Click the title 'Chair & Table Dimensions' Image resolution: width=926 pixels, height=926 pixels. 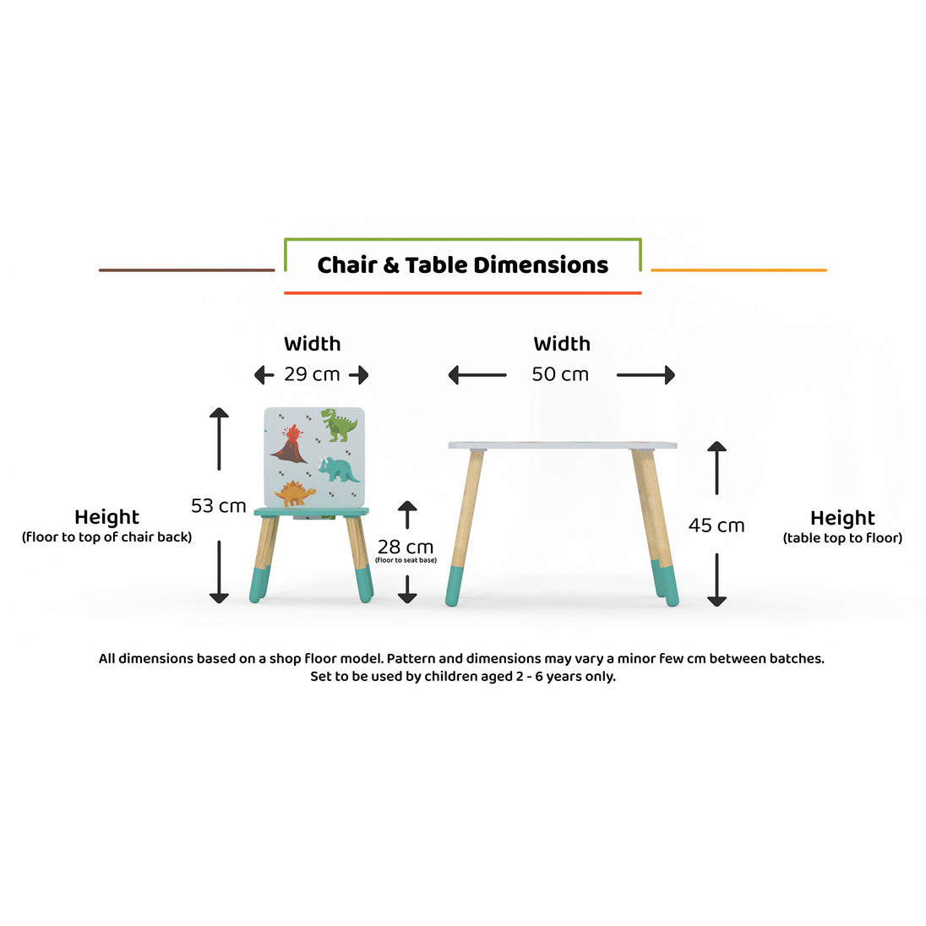(462, 265)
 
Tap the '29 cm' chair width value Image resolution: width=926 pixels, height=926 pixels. (312, 374)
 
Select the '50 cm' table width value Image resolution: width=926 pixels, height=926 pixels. (560, 374)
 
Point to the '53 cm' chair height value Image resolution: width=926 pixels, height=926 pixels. (219, 506)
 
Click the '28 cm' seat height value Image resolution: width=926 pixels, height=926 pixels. (406, 547)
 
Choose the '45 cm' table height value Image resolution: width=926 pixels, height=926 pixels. (716, 526)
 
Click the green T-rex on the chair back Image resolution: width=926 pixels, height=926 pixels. (339, 425)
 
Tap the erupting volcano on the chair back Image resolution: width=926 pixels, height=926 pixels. (289, 444)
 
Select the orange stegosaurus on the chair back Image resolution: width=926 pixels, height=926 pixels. (294, 493)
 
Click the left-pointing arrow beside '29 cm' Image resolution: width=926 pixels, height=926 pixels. (264, 375)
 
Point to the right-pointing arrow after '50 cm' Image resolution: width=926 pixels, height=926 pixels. (645, 375)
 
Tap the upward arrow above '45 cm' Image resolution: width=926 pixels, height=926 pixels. (717, 468)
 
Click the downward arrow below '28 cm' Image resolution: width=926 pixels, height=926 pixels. (407, 590)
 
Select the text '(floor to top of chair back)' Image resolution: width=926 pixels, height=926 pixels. (107, 537)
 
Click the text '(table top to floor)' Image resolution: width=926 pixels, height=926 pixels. (842, 538)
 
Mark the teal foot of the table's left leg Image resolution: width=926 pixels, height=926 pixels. (455, 586)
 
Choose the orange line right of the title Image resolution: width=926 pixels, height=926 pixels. (738, 270)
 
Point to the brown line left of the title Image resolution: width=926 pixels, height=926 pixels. (187, 270)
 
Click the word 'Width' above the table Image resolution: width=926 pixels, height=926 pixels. (562, 344)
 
